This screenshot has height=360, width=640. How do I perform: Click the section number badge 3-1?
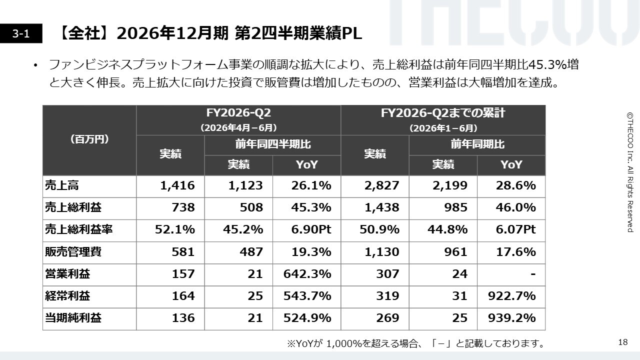pyautogui.click(x=21, y=33)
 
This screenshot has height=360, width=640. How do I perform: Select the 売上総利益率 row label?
pyautogui.click(x=79, y=229)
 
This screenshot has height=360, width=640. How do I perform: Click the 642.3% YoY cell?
pyautogui.click(x=307, y=274)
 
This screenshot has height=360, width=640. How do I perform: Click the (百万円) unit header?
pyautogui.click(x=89, y=140)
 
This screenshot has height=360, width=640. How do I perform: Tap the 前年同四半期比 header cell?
pyautogui.click(x=273, y=145)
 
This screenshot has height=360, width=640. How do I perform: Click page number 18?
pyautogui.click(x=623, y=342)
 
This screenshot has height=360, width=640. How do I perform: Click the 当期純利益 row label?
pyautogui.click(x=73, y=318)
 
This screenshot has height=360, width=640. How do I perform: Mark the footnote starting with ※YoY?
pyautogui.click(x=416, y=343)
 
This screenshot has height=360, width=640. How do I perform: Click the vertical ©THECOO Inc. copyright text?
pyautogui.click(x=630, y=172)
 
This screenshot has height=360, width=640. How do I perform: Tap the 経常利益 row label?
pyautogui.click(x=67, y=296)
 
